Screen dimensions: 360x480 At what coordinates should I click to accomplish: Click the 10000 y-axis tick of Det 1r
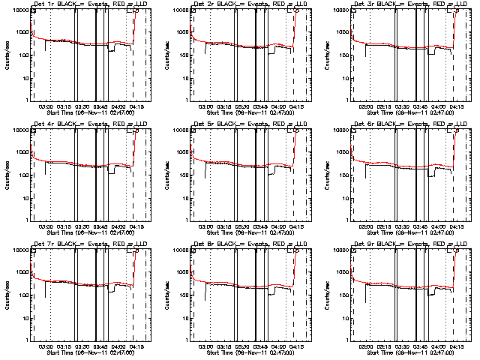click(20, 10)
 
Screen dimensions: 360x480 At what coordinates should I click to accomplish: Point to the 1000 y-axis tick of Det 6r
click(342, 152)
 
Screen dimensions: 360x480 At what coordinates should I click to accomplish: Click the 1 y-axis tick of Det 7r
click(28, 340)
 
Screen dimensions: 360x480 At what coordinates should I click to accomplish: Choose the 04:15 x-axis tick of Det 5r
click(296, 226)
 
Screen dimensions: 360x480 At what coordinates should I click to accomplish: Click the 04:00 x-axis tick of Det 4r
click(118, 226)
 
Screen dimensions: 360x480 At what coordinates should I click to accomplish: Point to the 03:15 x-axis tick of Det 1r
click(64, 106)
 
